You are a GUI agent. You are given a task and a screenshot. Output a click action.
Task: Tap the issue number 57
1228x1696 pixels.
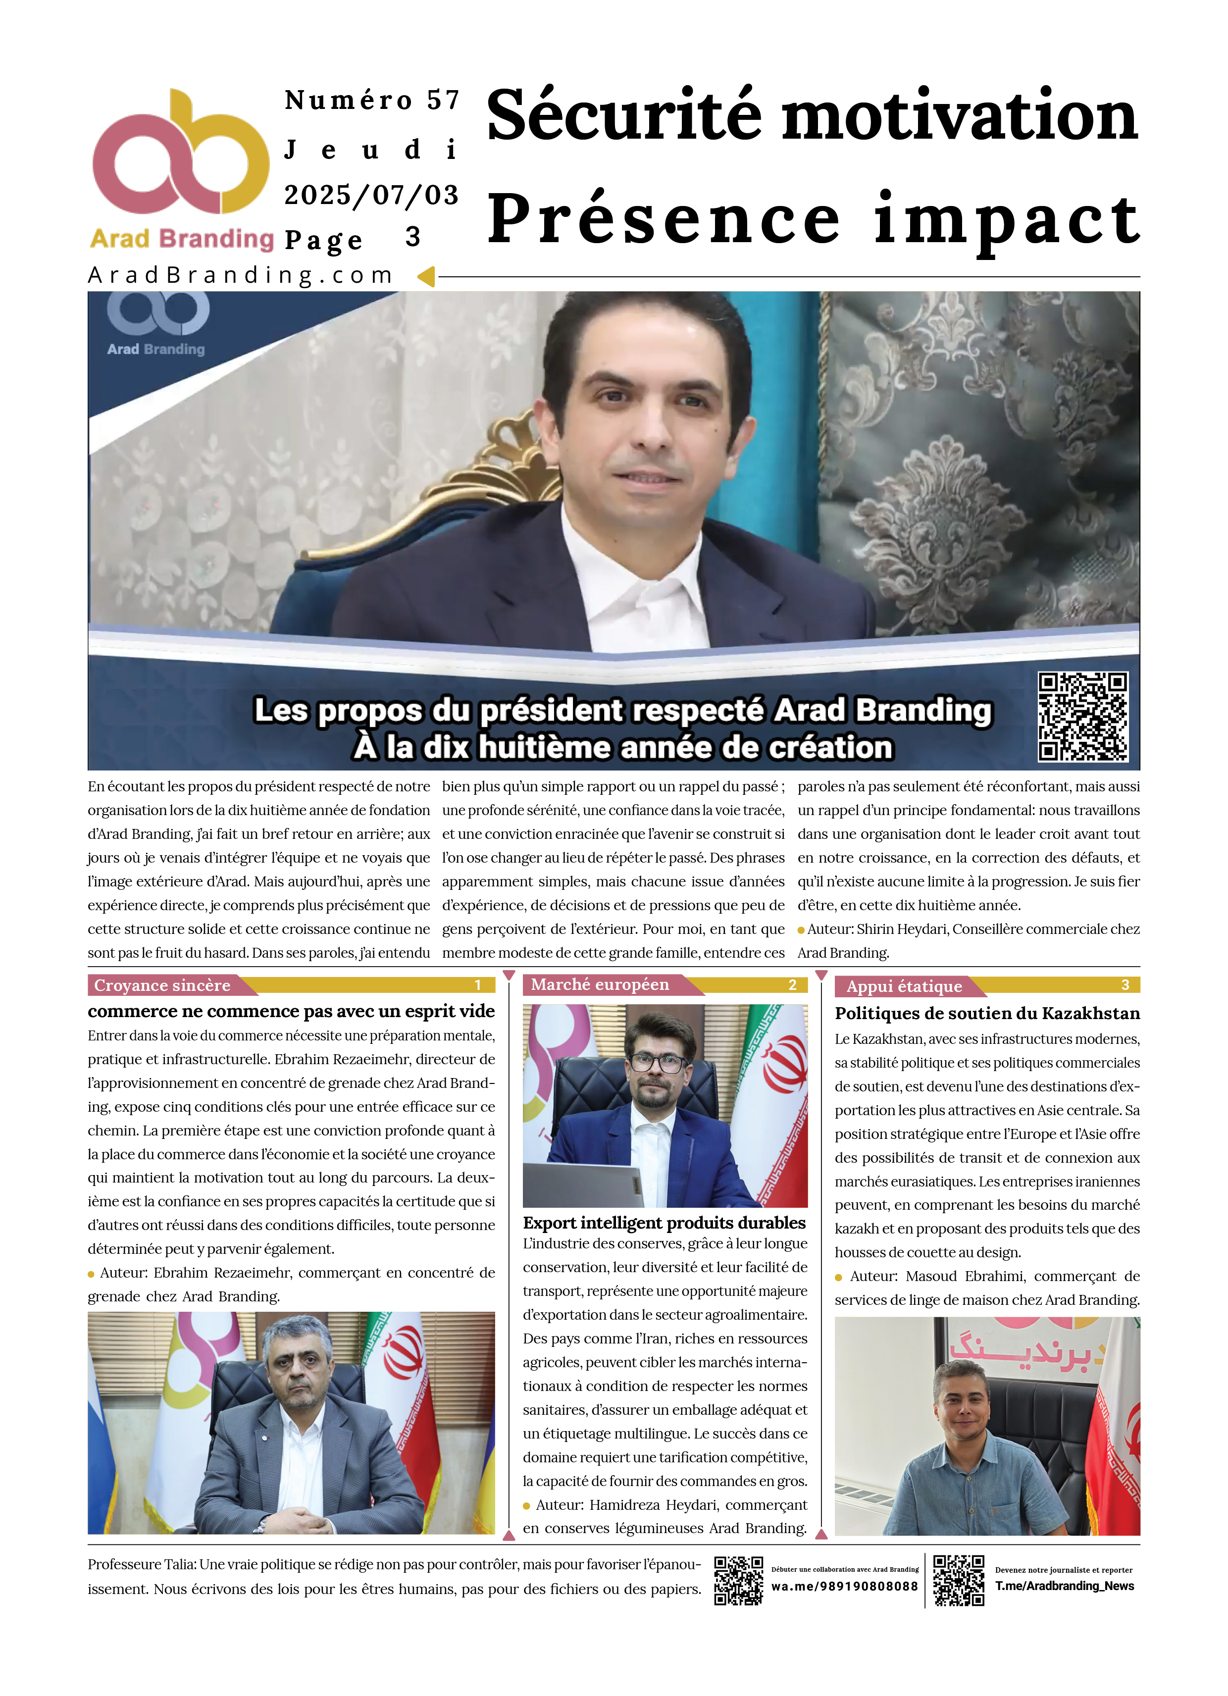(443, 100)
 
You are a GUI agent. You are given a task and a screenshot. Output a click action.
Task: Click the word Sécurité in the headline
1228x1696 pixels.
(624, 116)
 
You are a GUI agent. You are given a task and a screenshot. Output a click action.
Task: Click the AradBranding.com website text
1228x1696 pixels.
(240, 275)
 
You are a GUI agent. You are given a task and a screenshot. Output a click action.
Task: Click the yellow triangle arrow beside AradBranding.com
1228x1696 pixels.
(426, 277)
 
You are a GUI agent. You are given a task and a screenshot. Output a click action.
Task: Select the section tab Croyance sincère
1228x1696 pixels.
(162, 985)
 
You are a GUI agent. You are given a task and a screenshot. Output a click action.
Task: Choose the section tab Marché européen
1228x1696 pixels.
(600, 985)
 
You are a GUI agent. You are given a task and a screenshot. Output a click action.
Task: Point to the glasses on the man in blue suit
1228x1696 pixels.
(658, 1063)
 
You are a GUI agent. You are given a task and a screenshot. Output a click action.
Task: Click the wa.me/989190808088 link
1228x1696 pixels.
(844, 1586)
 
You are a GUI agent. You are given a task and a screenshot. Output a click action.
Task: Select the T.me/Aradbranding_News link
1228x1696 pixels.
(1064, 1586)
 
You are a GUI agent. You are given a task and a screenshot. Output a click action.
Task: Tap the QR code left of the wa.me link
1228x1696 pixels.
(738, 1580)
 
